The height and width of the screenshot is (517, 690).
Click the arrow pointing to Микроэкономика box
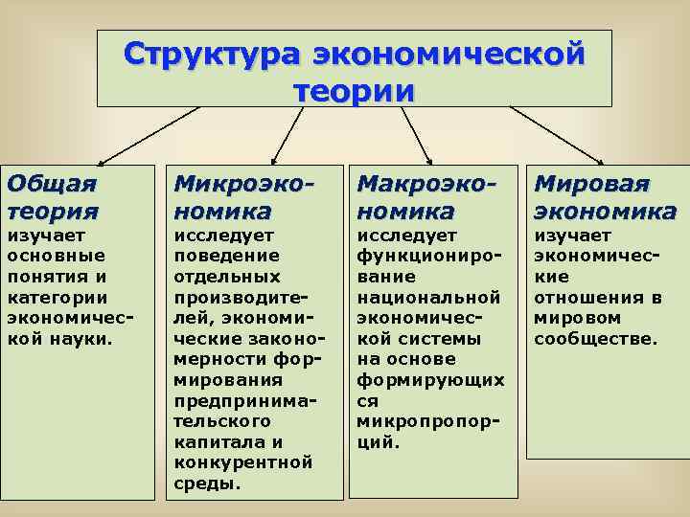point(287,134)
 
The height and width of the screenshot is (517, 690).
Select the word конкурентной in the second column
point(243,462)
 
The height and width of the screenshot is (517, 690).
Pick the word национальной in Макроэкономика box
point(428,297)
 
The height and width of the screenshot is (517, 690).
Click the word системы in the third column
point(421,338)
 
